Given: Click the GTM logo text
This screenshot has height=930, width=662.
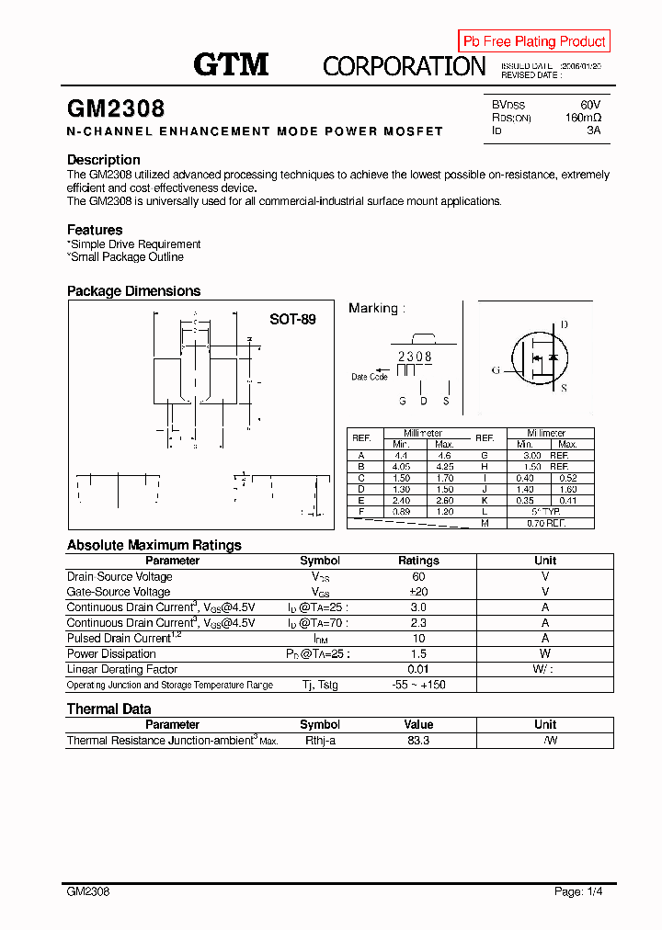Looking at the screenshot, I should [231, 64].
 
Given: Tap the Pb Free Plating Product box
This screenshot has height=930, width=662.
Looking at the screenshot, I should [534, 41].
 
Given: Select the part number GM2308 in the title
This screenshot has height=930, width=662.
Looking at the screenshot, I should [116, 108].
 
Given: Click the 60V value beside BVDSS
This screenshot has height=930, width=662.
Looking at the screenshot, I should [589, 106].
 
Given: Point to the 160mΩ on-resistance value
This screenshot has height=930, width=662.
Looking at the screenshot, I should [583, 119].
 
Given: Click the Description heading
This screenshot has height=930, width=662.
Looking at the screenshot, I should [104, 160].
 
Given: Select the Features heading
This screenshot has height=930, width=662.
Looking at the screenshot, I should [95, 230].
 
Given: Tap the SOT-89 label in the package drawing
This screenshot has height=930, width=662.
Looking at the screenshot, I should [292, 320].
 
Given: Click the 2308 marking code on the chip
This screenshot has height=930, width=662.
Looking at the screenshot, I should [415, 357].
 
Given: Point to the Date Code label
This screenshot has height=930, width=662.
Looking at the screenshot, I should [370, 377].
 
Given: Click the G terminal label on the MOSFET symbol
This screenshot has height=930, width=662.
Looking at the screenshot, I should [496, 370].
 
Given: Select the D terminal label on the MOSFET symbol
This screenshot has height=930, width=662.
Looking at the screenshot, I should [564, 324].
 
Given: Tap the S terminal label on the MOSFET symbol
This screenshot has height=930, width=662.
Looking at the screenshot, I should [564, 388].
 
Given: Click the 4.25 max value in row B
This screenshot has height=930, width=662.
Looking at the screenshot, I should [444, 467].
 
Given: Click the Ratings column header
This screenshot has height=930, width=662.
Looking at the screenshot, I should [418, 561].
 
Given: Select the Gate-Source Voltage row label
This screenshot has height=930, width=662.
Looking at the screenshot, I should [119, 592].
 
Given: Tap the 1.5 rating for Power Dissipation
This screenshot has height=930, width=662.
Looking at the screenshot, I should [418, 654].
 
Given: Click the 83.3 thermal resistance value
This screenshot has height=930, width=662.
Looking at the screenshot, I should [418, 741].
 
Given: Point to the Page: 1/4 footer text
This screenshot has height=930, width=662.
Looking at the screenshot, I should [579, 891].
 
